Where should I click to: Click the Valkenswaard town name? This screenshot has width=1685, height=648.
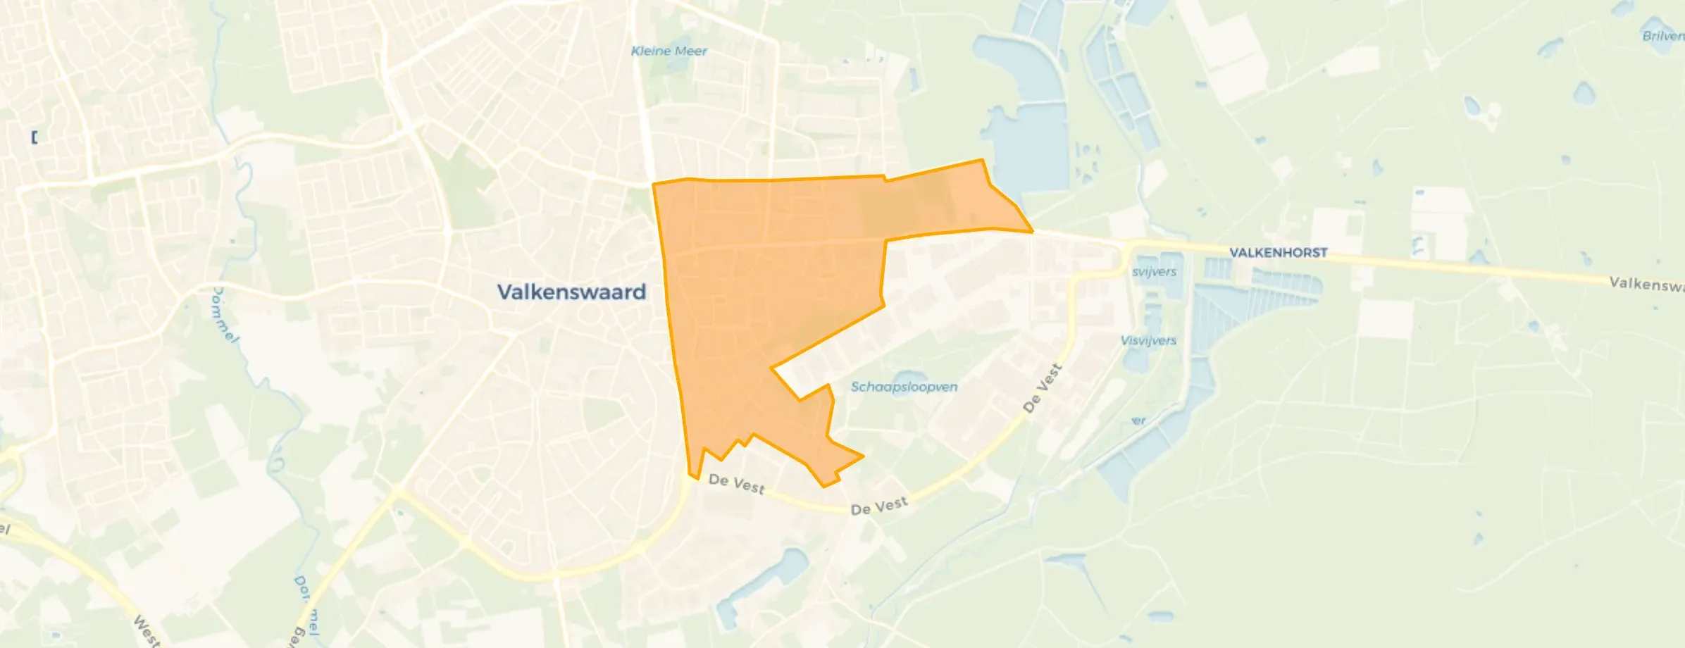point(571,292)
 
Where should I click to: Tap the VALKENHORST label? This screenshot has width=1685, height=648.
point(1278,253)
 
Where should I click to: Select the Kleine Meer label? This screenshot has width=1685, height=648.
point(669,51)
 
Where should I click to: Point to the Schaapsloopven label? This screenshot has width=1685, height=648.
point(904,387)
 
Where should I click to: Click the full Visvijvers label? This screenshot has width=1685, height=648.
point(1148,341)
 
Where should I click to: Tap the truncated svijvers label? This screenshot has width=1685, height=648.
point(1154,272)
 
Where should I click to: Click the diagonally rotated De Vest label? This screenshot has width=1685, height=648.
point(1042,388)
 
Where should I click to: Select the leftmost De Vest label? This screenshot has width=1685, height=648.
point(736,484)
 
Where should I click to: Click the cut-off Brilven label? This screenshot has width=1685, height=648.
point(1663,36)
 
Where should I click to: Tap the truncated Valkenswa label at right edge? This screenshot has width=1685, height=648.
point(1646,284)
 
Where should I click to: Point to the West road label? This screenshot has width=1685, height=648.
point(147,630)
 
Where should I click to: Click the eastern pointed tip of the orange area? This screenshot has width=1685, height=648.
point(1032,231)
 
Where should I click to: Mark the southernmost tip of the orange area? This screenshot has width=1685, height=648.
point(823,486)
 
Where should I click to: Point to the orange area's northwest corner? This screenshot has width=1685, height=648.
point(654,185)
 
